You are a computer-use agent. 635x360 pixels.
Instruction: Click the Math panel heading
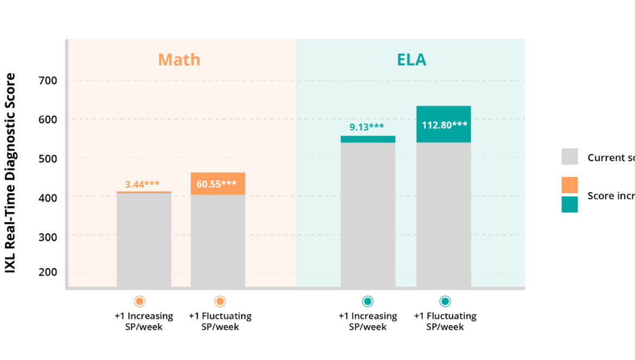pos(179,59)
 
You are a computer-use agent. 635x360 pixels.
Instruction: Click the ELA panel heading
pos(411,60)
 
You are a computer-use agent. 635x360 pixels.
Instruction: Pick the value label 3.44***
pos(142,184)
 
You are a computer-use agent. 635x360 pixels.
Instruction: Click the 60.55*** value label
pos(217,184)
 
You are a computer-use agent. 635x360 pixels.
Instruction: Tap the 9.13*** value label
pos(366,127)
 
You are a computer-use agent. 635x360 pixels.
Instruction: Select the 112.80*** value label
pos(444,125)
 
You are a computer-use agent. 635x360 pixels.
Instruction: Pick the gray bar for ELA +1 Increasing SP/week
pos(367,217)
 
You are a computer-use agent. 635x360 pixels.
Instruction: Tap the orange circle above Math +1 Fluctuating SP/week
pos(220,301)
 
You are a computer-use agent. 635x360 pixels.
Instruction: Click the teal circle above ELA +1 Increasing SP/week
pos(367,301)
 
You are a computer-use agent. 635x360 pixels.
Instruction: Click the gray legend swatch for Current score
pos(569,157)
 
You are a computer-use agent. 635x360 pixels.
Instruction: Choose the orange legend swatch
pos(569,185)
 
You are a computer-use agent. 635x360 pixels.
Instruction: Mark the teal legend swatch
pos(569,204)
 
